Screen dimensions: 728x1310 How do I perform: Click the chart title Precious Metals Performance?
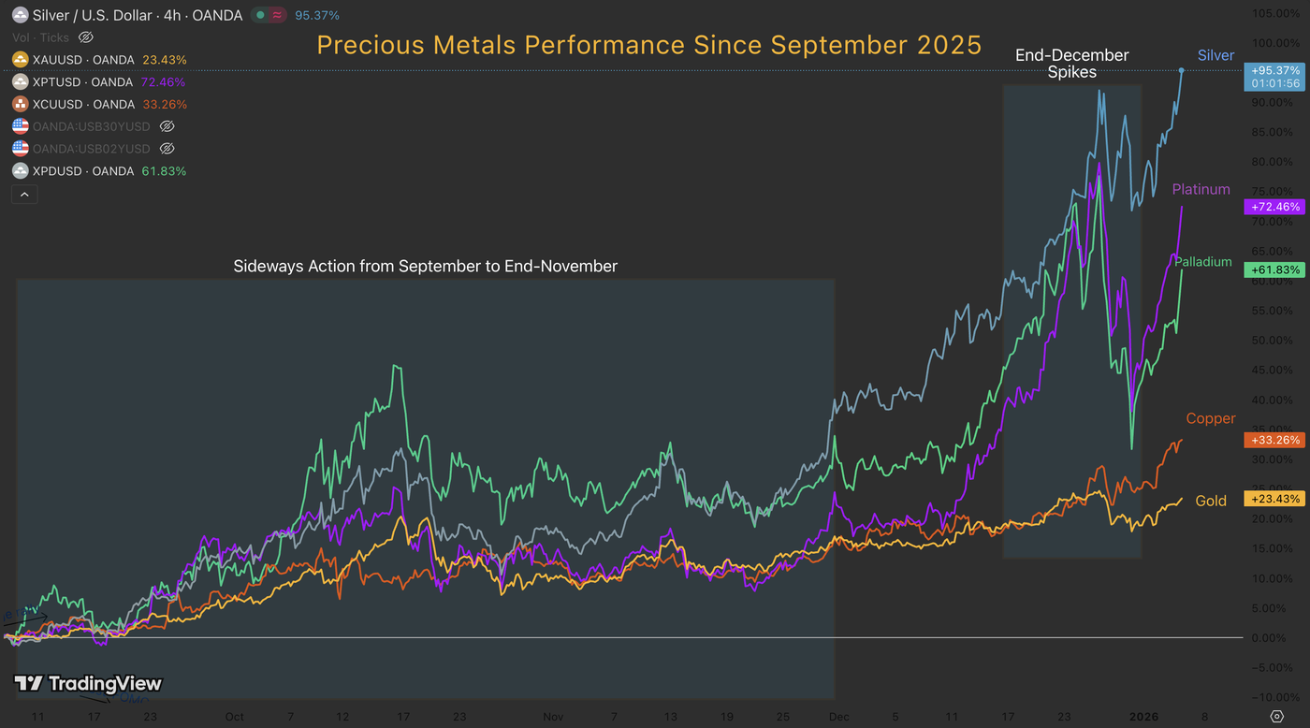tap(648, 45)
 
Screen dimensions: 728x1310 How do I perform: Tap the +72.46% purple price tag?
tap(1274, 207)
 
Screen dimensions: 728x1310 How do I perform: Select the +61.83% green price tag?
tap(1274, 270)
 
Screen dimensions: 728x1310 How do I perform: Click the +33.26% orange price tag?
tap(1274, 440)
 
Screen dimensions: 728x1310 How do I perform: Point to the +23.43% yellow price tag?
tap(1274, 499)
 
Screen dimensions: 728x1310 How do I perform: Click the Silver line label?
tap(1215, 56)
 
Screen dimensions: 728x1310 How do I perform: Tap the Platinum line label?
tap(1201, 190)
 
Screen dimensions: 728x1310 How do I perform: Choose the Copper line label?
tap(1210, 419)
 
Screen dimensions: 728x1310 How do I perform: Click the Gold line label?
tap(1211, 502)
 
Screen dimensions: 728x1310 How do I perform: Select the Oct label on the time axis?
tap(234, 717)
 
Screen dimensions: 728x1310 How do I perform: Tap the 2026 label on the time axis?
tap(1143, 717)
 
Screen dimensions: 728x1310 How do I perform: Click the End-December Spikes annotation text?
tap(1072, 64)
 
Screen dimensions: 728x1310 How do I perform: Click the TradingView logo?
tap(89, 684)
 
